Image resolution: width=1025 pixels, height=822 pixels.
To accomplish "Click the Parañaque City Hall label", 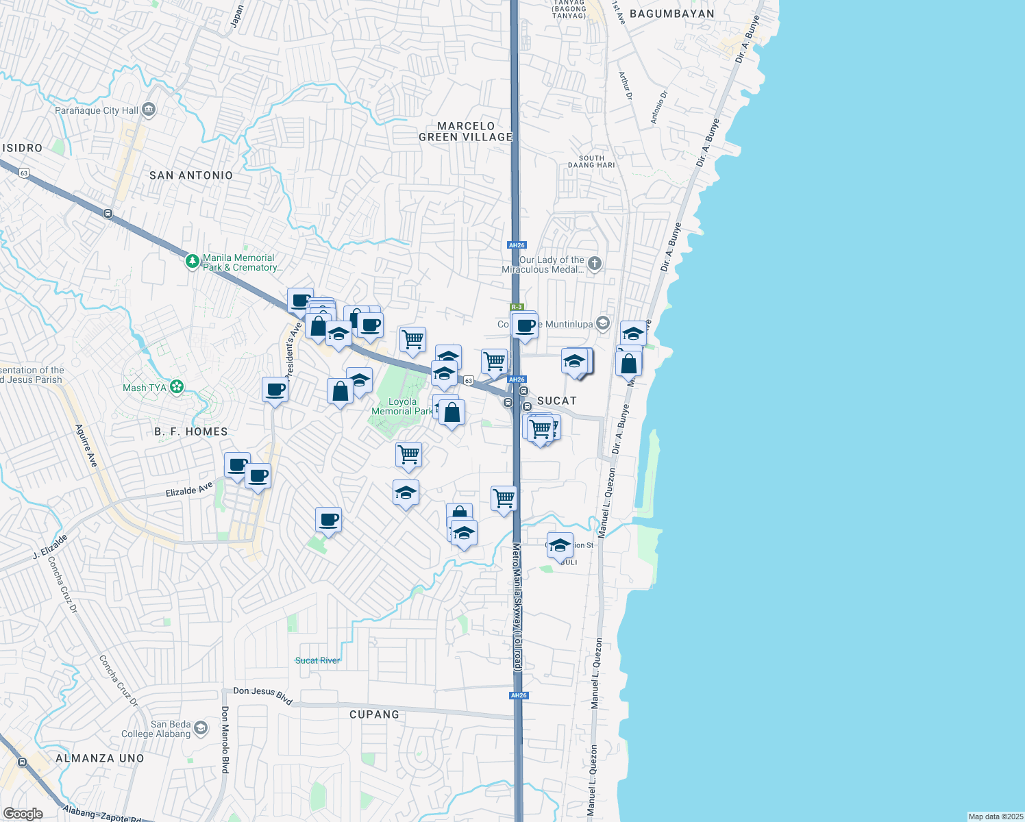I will coord(97,110).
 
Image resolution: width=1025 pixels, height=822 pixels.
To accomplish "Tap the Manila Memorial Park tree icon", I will coord(193,262).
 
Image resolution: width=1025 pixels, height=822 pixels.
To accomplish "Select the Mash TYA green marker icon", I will coord(177,387).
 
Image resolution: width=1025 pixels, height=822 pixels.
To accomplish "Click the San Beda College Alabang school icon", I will coord(201,727).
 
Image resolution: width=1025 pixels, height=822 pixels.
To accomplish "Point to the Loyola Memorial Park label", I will coord(402,407).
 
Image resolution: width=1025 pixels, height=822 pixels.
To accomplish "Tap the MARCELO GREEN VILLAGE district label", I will coord(466,132).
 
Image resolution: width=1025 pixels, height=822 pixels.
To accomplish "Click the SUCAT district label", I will coord(556,401).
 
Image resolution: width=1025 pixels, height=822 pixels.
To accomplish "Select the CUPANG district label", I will coord(374,714).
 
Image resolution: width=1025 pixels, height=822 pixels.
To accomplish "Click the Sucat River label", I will coord(317,660).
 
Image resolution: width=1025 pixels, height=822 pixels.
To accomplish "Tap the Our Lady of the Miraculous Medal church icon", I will coord(595,263).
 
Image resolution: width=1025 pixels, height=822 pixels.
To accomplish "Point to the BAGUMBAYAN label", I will coord(671,14).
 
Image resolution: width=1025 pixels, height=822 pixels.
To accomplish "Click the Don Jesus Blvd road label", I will coord(263,695).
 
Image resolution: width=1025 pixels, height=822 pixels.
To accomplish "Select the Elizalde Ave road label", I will coord(190,490).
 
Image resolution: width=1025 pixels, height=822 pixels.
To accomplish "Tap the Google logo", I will coord(23,814).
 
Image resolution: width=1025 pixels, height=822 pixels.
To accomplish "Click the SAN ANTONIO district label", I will coord(191,175).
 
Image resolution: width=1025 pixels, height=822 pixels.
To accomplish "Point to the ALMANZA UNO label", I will coord(100,758).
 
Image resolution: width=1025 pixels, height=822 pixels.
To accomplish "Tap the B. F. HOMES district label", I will coord(191,432).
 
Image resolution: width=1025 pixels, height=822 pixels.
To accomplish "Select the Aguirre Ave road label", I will coord(86,446).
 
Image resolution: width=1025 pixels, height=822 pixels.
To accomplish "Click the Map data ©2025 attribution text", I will coord(995,817).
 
